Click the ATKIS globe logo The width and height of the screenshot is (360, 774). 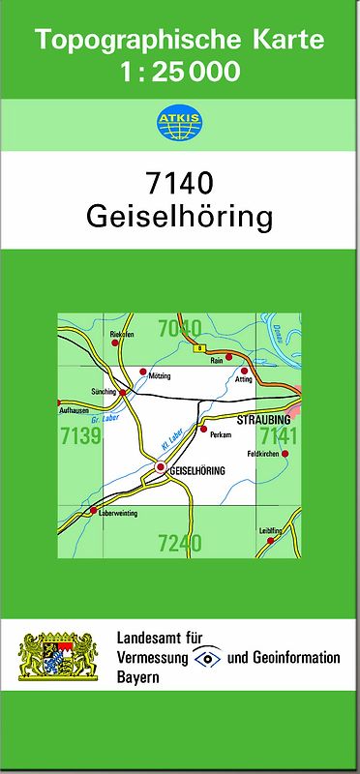coord(179,123)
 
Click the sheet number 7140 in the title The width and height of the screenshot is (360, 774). coord(179,183)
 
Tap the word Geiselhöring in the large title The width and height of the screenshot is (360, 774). coord(180,216)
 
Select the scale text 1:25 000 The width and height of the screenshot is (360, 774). coord(180,71)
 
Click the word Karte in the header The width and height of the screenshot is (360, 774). coord(285,41)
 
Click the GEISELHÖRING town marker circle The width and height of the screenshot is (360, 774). coord(161,468)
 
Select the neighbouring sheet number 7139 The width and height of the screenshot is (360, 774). coord(79,437)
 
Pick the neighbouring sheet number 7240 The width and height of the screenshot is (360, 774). coord(179,544)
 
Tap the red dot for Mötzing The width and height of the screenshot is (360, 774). coord(143,372)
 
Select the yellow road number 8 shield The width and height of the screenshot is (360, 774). coord(199,347)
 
